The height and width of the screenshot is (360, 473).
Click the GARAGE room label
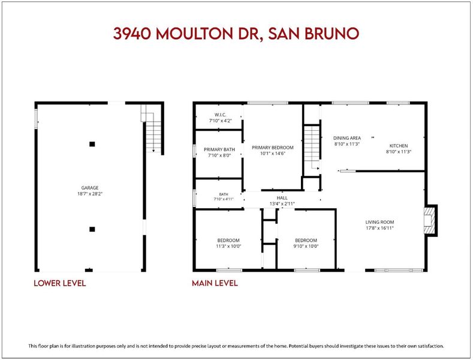point(90,188)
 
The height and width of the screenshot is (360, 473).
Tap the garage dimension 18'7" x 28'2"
point(90,194)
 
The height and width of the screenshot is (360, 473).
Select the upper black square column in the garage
point(92,144)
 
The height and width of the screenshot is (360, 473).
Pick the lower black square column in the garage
point(92,229)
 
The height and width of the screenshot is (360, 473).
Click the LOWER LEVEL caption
point(60,283)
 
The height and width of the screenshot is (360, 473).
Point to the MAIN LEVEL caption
point(215,283)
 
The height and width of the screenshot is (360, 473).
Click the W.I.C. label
point(221,115)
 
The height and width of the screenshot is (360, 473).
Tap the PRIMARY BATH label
point(219,149)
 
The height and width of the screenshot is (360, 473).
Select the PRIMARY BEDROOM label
point(273,148)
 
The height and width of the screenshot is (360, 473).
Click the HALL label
point(282,198)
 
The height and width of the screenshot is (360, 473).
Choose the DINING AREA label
point(347,138)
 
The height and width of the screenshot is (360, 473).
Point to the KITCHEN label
point(399,146)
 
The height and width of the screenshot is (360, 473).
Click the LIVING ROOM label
point(380,222)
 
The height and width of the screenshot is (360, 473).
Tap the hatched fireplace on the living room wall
point(430,220)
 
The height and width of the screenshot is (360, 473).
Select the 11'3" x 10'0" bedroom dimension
point(228,246)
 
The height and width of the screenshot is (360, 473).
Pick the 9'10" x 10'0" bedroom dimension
point(306,246)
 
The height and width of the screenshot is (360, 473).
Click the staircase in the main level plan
point(312,148)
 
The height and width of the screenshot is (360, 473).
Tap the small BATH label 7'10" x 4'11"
point(224,197)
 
